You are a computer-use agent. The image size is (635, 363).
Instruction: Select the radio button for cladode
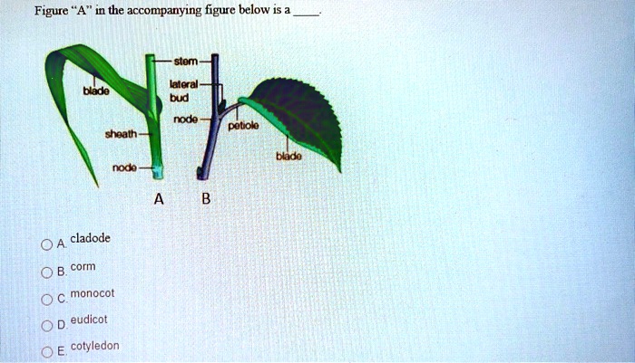pyautogui.click(x=44, y=244)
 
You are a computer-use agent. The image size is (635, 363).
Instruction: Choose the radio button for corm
pyautogui.click(x=44, y=271)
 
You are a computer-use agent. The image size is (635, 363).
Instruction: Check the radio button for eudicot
pyautogui.click(x=44, y=322)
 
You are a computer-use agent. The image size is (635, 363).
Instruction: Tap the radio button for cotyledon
pyautogui.click(x=44, y=349)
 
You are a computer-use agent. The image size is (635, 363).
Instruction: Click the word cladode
pyautogui.click(x=90, y=238)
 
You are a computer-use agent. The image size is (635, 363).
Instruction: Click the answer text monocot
pyautogui.click(x=92, y=293)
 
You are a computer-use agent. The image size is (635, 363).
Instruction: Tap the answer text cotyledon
pyautogui.click(x=94, y=346)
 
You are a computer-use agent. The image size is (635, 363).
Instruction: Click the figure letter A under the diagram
pyautogui.click(x=159, y=200)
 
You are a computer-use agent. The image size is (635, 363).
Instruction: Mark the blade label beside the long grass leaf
pyautogui.click(x=94, y=91)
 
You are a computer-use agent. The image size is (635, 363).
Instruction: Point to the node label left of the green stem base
pyautogui.click(x=124, y=169)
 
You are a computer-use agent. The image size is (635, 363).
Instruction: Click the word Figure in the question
pyautogui.click(x=53, y=11)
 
